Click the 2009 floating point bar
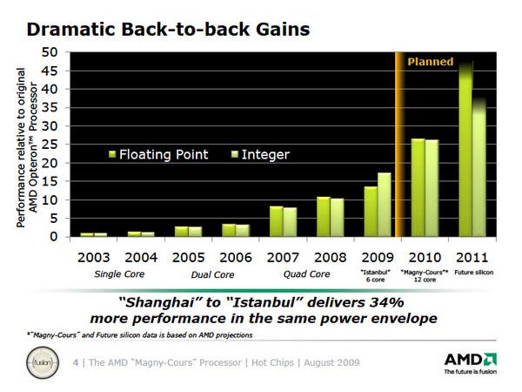pos(371,212)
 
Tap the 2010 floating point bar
pos(418,187)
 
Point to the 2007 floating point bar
pos(276,221)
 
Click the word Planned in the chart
pos(432,62)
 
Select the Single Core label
pos(118,274)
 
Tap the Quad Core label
pos(306,274)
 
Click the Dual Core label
pos(212,274)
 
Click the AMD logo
pos(470,360)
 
